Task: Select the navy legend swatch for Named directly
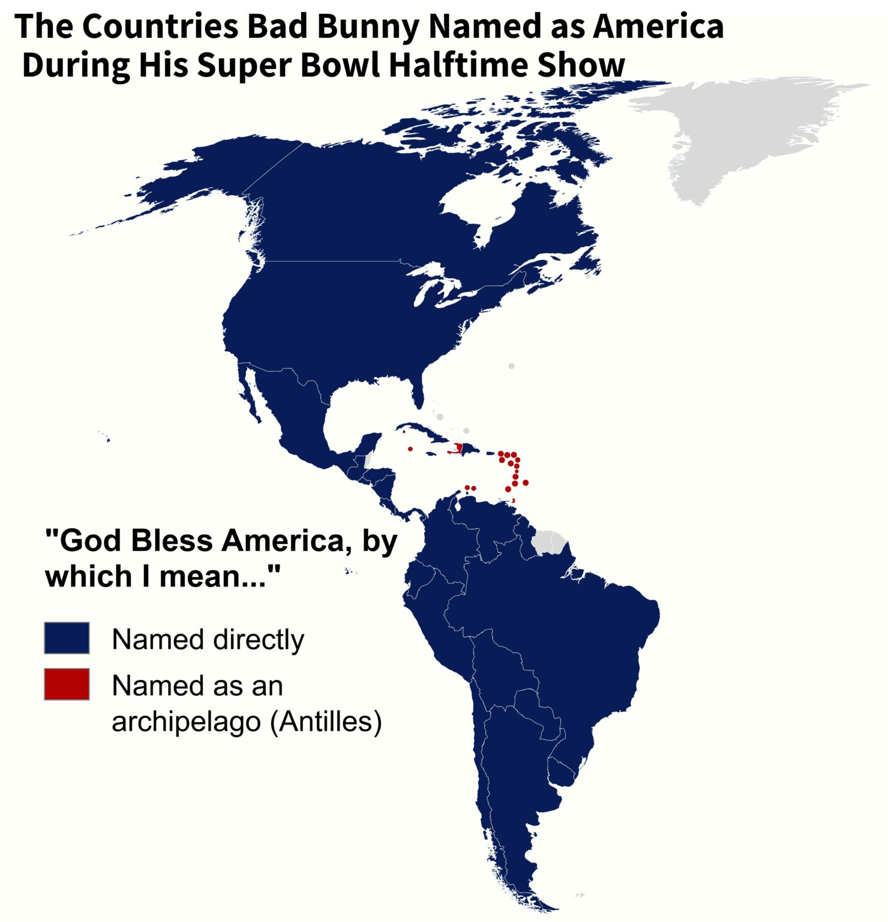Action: coord(67,637)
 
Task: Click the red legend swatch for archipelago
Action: coord(67,684)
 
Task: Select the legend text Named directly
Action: coord(208,639)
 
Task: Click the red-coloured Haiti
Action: coord(459,448)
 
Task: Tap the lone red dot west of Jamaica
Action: coord(410,448)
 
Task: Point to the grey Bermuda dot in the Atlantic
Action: coord(511,366)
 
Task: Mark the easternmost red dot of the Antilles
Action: coord(526,482)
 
